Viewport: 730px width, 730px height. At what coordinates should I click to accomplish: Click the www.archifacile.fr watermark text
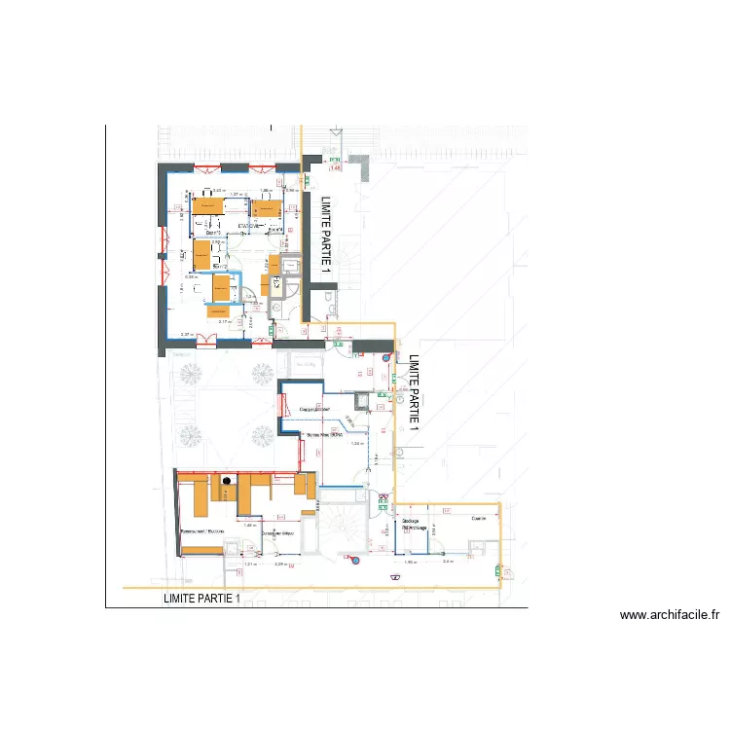(669, 615)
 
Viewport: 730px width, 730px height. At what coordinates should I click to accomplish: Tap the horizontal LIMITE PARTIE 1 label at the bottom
(201, 599)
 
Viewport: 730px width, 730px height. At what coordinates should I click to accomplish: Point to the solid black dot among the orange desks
(227, 480)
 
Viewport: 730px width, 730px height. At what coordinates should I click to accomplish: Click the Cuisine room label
(478, 518)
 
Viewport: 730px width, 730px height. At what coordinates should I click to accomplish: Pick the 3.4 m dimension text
(448, 563)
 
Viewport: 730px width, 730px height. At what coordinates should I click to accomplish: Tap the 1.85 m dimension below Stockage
(410, 563)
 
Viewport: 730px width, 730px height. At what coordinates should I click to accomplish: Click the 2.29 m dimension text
(281, 565)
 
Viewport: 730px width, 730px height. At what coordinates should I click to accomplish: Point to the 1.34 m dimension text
(356, 443)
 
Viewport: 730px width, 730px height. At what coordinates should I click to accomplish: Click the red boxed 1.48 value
(337, 168)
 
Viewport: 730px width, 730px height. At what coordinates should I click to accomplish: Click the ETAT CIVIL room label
(247, 228)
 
